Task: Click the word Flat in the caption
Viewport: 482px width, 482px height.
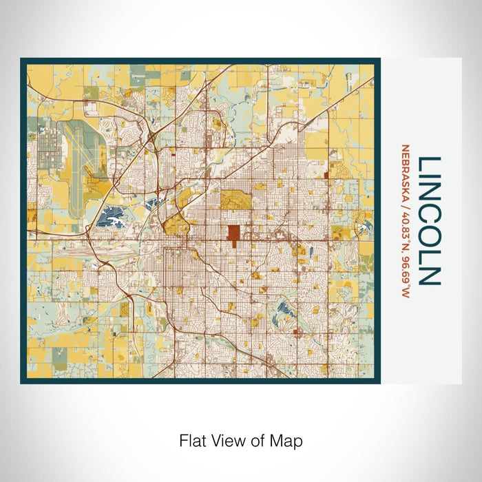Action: [192, 440]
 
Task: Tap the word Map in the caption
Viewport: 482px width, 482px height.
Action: [287, 440]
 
